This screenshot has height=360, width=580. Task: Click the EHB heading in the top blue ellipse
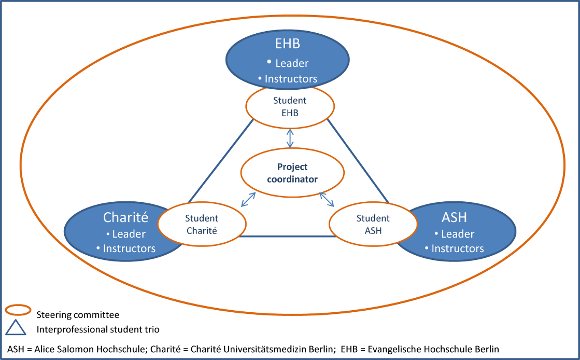pos(288,44)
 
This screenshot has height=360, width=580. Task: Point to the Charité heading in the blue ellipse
pos(125,217)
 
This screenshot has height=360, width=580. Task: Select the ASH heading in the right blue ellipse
pos(454,217)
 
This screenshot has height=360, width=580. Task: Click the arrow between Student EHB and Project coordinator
pos(290,138)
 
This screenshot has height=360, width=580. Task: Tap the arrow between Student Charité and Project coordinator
pos(248,200)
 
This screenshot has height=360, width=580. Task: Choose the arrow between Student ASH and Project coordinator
pos(327,199)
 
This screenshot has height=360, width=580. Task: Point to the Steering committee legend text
pos(78,315)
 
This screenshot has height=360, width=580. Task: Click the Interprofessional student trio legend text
pos(98,329)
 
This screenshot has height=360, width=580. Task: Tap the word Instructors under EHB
pos(291,79)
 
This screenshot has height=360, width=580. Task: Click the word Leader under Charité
pos(129,234)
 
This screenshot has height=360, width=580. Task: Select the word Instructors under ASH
pos(458,248)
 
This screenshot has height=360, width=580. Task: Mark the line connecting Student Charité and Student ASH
pos(288,237)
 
